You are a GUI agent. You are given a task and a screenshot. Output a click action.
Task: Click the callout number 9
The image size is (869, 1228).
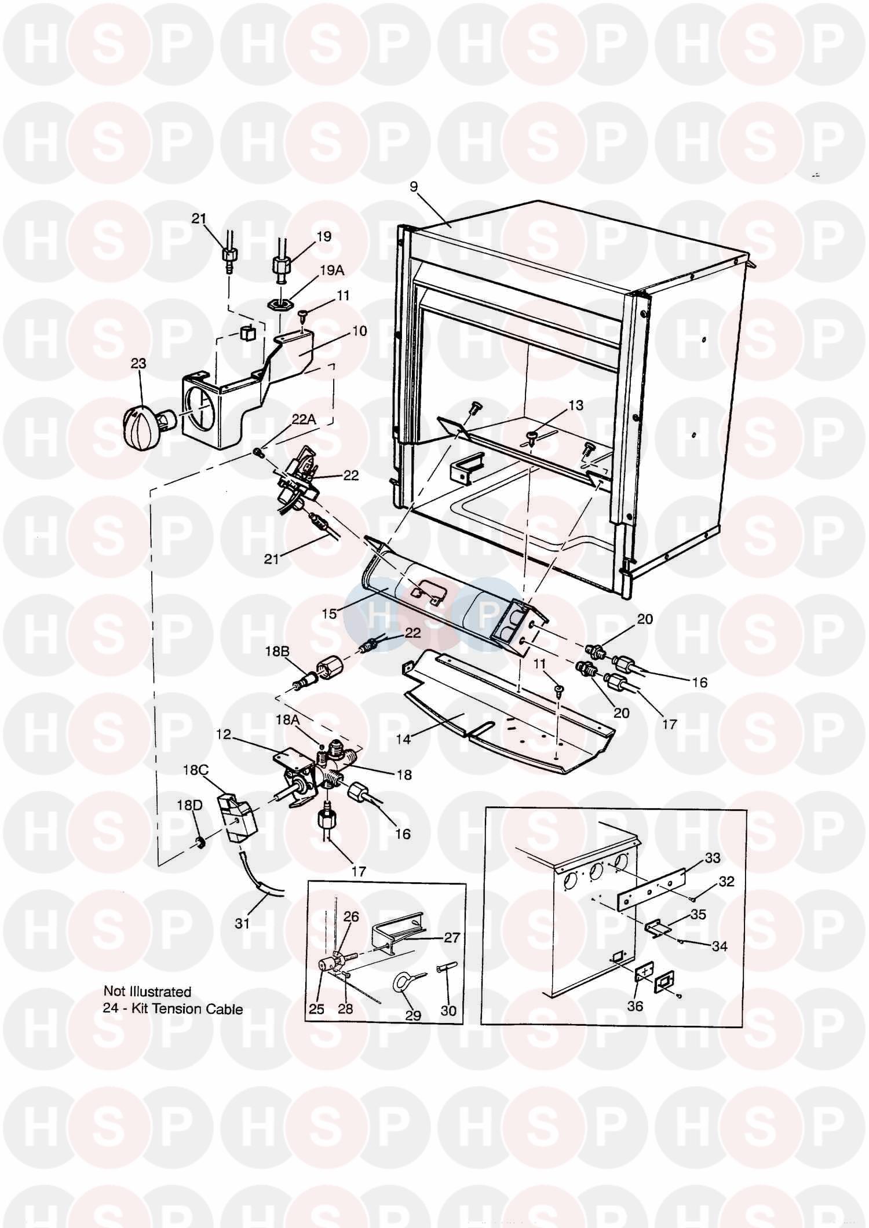pos(413,187)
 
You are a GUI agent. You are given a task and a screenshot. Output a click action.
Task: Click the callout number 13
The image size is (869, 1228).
pos(575,405)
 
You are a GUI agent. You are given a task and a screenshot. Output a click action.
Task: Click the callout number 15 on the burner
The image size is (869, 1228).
pos(329,613)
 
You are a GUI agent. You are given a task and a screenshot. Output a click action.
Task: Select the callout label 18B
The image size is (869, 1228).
pos(277,651)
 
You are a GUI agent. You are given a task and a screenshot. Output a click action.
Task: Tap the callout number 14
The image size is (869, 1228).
pos(403,739)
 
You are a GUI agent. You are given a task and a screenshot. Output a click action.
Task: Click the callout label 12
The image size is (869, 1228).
pos(224,734)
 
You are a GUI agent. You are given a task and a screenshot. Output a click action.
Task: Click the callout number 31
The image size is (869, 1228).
pos(242,923)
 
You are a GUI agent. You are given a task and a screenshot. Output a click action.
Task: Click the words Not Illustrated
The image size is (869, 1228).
pos(147,992)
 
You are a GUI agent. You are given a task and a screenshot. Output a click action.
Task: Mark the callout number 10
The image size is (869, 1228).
pos(359,331)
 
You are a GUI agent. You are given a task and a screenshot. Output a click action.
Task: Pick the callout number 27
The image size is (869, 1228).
pos(451,937)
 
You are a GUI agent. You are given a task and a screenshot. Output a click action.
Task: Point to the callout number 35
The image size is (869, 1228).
pos(699,915)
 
